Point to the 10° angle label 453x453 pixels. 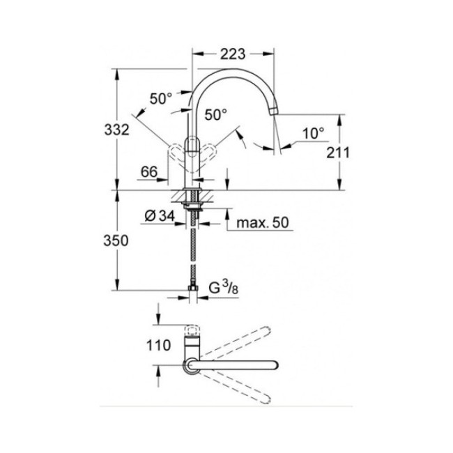314,132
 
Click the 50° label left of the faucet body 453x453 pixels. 161,98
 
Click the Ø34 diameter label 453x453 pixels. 160,217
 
